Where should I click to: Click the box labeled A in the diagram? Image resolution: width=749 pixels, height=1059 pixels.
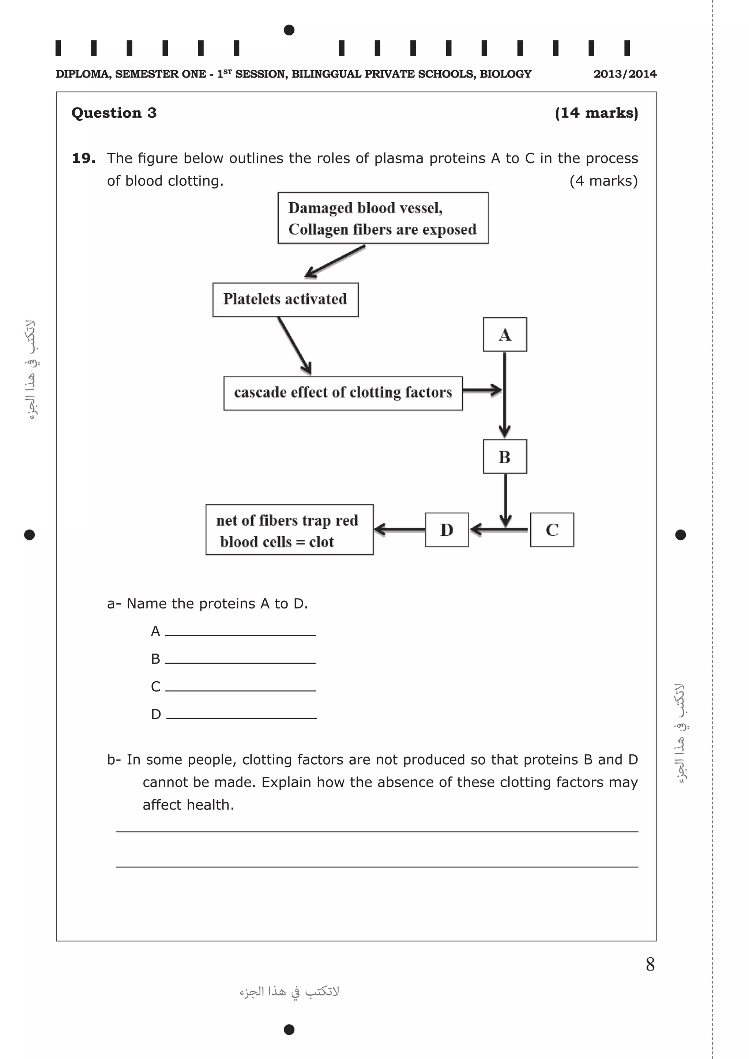(505, 334)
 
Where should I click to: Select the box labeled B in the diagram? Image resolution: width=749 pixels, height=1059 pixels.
(505, 457)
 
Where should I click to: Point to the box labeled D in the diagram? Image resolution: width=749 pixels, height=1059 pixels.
(447, 529)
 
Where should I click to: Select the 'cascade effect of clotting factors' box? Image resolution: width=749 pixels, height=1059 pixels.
(343, 393)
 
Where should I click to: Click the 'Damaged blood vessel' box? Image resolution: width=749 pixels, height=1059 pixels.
(383, 218)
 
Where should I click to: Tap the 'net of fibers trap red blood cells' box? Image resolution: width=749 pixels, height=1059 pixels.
(289, 530)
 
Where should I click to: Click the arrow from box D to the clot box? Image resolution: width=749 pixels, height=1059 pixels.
(399, 529)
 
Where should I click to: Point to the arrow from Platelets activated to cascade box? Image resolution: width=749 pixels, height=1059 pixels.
(294, 345)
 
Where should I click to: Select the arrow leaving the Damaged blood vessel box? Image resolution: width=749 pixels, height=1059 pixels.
(335, 261)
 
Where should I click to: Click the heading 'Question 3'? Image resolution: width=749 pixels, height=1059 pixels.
(114, 113)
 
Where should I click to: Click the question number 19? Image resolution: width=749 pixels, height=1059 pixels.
(83, 158)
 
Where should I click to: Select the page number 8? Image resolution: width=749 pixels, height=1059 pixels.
(650, 964)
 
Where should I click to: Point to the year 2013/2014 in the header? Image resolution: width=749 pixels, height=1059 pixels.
(625, 74)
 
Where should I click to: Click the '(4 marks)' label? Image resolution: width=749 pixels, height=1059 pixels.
(603, 181)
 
